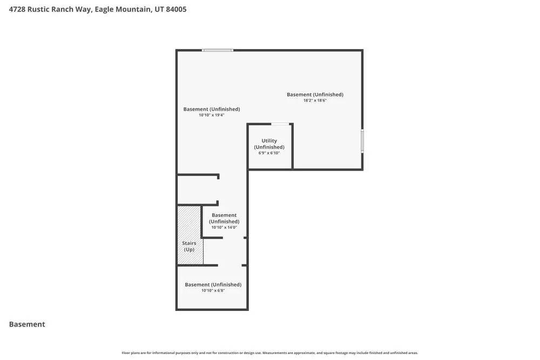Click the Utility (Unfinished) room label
269,144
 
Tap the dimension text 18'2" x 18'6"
315,100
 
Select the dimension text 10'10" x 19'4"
211,115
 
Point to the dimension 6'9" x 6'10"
269,153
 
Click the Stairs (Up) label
189,246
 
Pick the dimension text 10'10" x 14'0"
224,227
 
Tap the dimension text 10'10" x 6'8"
213,290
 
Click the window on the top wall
218,50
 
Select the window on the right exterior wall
362,141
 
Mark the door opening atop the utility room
280,124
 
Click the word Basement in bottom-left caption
27,324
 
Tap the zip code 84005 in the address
176,9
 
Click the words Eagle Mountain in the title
123,9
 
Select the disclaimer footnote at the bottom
269,353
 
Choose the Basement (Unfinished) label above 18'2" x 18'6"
315,94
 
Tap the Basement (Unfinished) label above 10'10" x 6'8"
213,284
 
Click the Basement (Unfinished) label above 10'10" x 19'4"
211,109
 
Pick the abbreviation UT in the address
159,9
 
